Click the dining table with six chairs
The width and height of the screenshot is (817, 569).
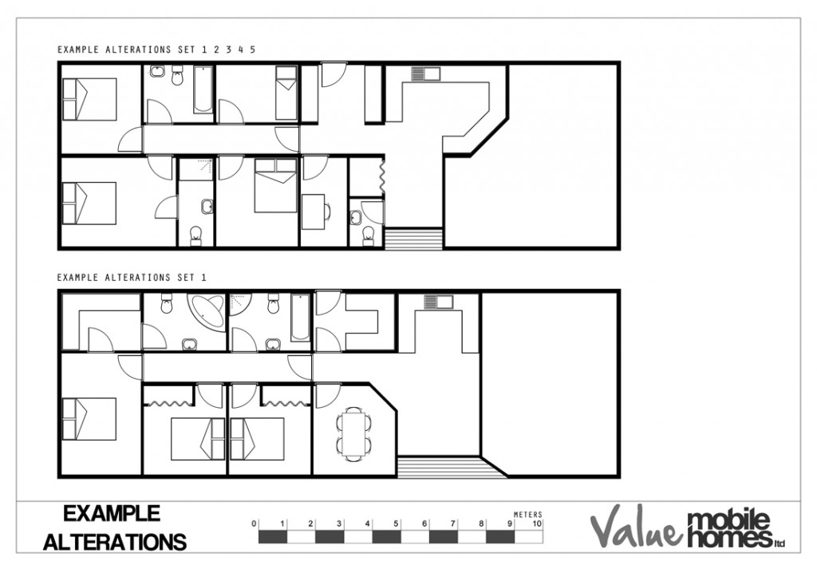tap(353, 433)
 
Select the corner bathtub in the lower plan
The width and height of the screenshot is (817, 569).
tap(206, 312)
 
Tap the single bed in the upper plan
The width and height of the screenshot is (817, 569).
tap(286, 93)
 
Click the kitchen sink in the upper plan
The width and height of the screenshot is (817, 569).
tap(425, 74)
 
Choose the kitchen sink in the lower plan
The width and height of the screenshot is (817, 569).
tap(438, 302)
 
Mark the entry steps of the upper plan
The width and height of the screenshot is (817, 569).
tap(413, 239)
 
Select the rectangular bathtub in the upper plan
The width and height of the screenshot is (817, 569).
tap(203, 89)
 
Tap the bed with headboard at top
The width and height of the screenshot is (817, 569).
tap(275, 185)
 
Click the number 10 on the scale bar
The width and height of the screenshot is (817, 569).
tap(537, 524)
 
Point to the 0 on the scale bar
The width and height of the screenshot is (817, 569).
tap(254, 524)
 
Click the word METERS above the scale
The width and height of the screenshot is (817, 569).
tap(527, 515)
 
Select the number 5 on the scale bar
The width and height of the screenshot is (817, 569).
tap(396, 524)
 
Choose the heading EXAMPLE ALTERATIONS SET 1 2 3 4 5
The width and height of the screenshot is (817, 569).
tap(156, 49)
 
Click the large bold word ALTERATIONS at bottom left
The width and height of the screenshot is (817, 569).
tap(115, 542)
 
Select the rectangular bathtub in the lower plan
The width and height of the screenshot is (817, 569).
tap(299, 317)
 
